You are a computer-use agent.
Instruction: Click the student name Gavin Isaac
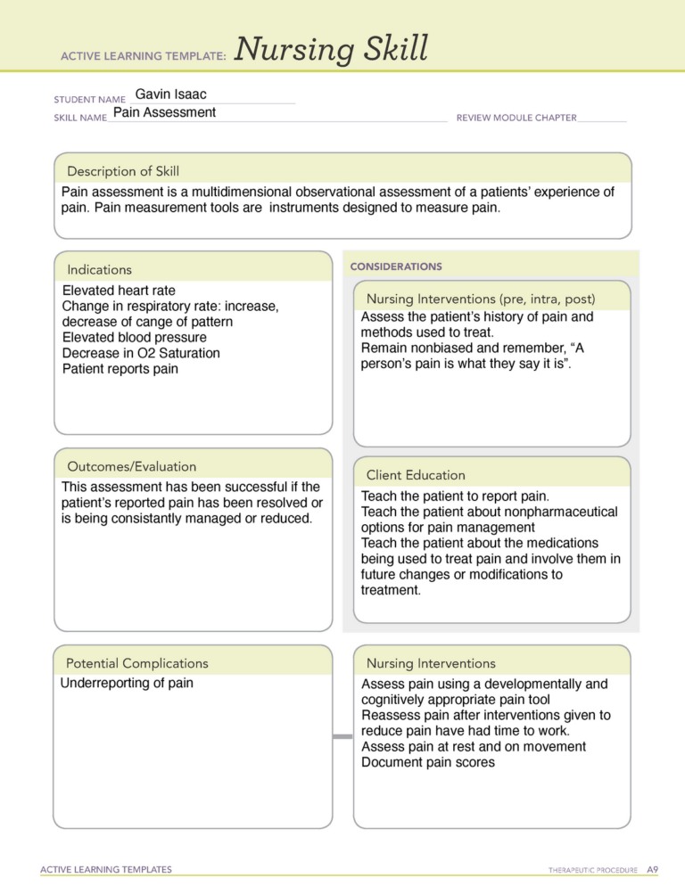(x=170, y=94)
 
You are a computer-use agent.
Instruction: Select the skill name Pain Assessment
(x=164, y=112)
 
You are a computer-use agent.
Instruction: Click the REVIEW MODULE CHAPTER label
(x=516, y=118)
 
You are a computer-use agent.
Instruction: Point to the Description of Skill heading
(x=123, y=171)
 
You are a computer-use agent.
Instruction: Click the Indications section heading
(x=99, y=269)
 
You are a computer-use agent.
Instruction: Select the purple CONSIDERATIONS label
(x=395, y=267)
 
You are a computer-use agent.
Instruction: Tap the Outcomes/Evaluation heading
(x=131, y=466)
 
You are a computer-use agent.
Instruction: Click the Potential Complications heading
(x=136, y=663)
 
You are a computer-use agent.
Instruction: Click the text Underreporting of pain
(x=127, y=684)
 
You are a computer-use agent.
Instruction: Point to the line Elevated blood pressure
(x=134, y=338)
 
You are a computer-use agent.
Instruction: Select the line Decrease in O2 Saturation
(x=141, y=353)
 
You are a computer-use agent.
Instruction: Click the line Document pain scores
(x=427, y=762)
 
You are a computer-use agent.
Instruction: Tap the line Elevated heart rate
(x=119, y=291)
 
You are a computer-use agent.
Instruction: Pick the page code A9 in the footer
(x=652, y=869)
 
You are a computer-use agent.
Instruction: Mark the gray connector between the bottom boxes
(x=342, y=736)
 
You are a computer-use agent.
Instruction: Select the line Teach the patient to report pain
(x=455, y=496)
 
